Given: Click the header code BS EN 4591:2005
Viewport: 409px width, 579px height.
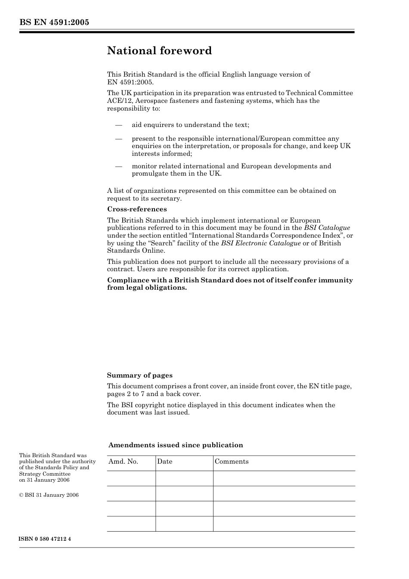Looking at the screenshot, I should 54,22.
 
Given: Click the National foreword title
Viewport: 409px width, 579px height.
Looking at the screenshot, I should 159,51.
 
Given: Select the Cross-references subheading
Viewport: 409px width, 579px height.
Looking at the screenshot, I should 137,209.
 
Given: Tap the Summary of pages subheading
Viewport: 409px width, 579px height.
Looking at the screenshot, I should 139,375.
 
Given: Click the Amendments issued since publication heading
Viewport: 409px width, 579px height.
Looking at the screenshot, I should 176,445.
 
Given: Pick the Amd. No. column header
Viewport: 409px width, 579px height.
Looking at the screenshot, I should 123,461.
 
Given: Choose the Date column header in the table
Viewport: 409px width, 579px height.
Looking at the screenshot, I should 164,461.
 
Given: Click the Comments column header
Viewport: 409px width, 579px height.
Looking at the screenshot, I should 232,461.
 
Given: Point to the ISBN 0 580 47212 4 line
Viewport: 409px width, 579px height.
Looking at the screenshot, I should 45,539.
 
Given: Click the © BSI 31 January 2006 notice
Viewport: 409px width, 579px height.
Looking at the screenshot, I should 49,495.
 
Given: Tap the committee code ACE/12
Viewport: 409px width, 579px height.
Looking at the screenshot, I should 118,101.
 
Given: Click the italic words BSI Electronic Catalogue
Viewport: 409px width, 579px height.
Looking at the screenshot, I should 261,243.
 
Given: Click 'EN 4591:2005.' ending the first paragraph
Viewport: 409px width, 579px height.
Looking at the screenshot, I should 130,82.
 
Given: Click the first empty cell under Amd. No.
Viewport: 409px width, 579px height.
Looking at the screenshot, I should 131,478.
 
